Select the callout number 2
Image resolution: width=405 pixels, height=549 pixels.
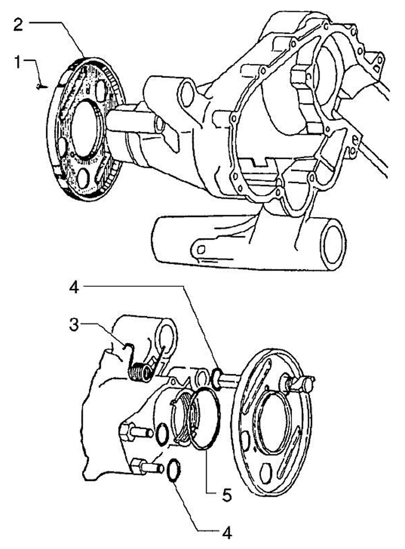(x=18, y=25)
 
